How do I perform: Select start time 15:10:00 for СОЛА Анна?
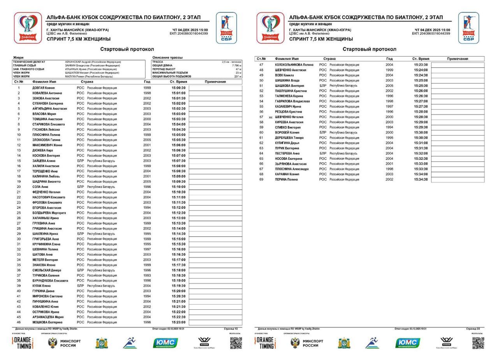178,187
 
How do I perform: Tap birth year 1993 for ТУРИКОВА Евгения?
147,275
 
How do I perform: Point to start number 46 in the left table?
18,322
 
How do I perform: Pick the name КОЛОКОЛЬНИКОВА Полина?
294,65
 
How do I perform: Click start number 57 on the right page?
261,117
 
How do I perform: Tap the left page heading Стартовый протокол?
127,49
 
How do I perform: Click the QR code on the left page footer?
236,343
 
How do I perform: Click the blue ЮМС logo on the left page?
166,343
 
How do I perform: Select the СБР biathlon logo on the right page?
468,28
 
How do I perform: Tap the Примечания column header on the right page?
458,59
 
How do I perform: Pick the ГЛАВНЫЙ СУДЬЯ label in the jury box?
24,65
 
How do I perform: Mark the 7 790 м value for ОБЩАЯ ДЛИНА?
236,65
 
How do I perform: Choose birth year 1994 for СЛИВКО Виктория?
389,127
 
